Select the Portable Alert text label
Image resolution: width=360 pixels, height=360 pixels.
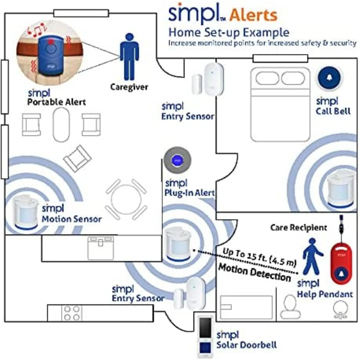[x=57, y=102]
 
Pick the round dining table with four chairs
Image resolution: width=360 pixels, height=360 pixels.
[x=126, y=199]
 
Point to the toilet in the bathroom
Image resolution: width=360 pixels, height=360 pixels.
[x=289, y=307]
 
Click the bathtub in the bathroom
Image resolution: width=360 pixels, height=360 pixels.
[x=246, y=307]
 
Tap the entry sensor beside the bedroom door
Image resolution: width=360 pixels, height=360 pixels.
[x=208, y=79]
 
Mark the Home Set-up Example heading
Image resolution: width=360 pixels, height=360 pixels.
[x=229, y=33]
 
